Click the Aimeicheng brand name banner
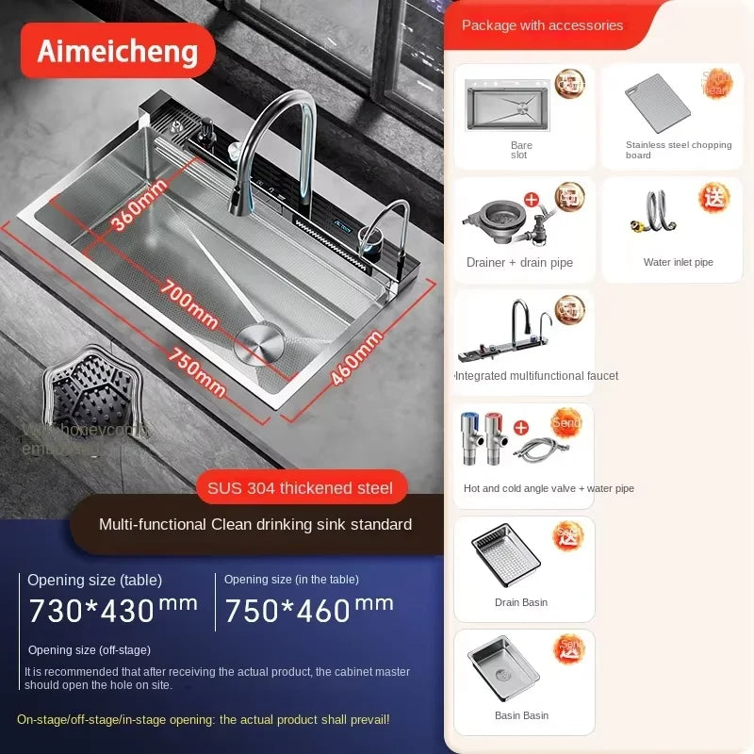coord(119,51)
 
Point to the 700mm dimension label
coord(189,300)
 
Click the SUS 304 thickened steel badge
coord(302,487)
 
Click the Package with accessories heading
coord(542,25)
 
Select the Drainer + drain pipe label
coord(519,263)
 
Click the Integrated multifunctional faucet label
coord(537,376)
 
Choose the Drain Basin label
coord(521,602)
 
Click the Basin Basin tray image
coord(505,671)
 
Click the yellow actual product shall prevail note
coord(203,720)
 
